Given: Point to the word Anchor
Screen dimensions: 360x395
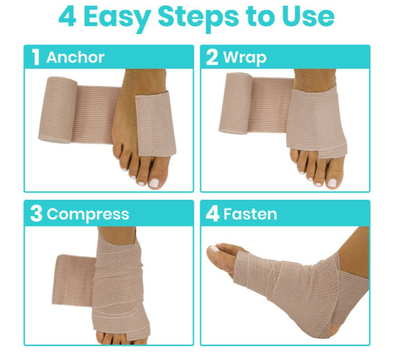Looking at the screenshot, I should point(75,58).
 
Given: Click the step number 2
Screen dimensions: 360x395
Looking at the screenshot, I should point(212,58).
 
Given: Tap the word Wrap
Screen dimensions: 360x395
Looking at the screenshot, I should point(244,58).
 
